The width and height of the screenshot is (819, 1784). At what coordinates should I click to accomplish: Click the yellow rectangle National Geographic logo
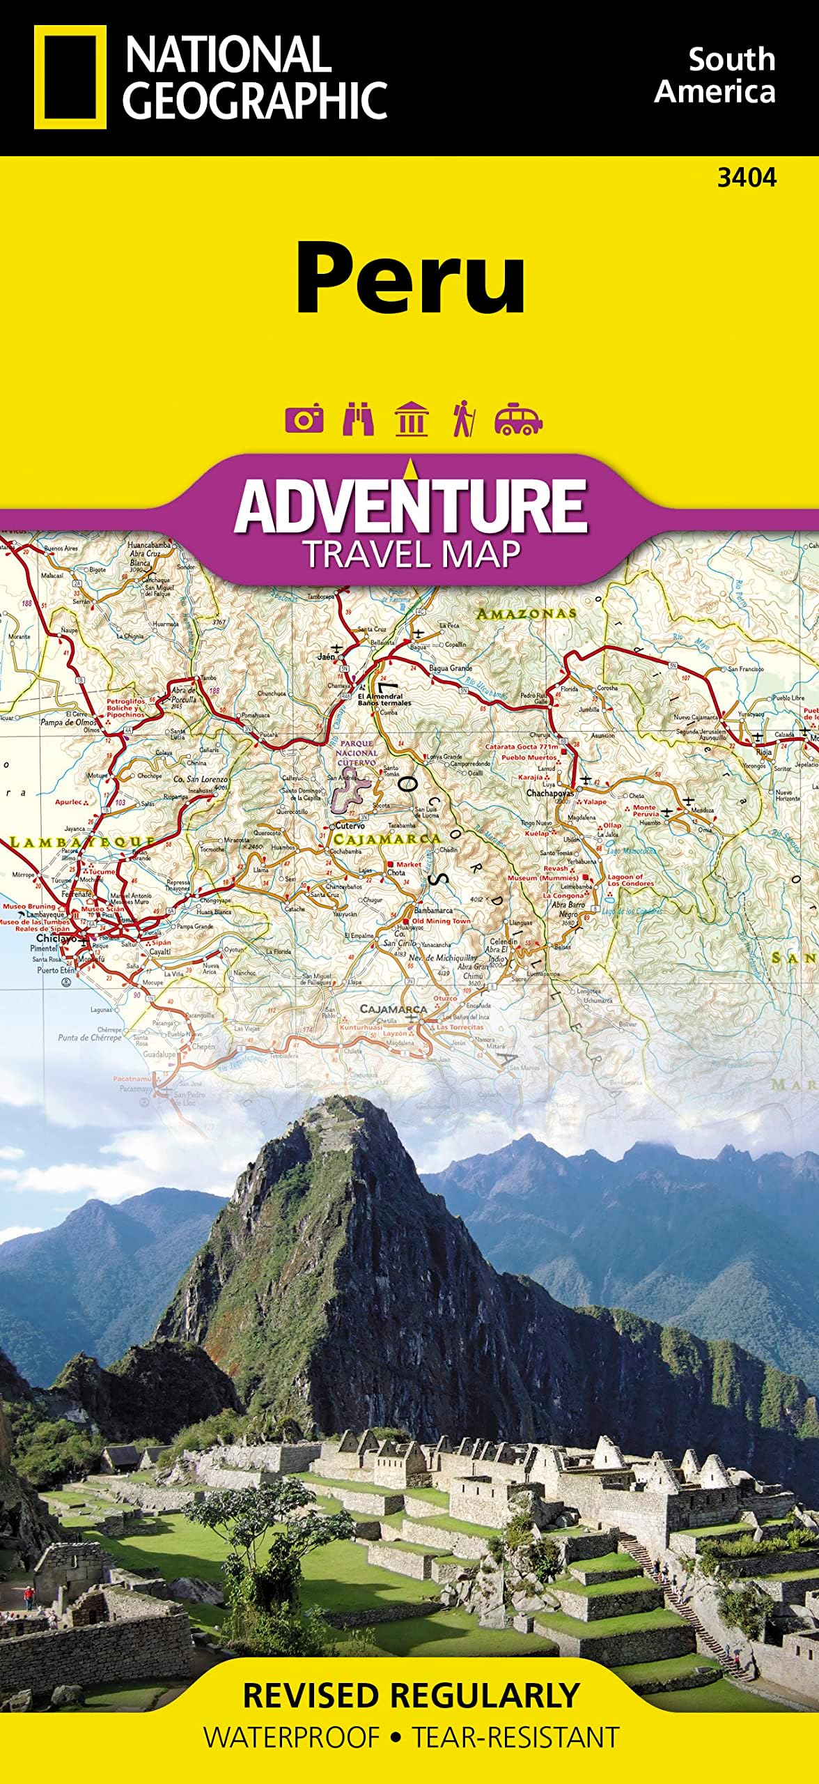[x=70, y=77]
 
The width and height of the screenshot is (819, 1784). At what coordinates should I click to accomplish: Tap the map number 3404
[x=746, y=178]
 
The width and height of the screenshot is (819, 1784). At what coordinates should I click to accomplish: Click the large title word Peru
[x=410, y=278]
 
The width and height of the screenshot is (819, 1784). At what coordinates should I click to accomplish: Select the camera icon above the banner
[x=304, y=419]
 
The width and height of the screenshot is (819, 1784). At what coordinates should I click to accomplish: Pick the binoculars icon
[x=358, y=419]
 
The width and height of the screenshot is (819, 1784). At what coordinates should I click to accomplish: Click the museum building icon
[x=411, y=419]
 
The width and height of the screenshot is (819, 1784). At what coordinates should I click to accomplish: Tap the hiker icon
[x=463, y=419]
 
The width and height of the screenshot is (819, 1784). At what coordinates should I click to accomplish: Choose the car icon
[x=517, y=419]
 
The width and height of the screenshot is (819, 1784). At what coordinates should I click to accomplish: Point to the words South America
[x=715, y=76]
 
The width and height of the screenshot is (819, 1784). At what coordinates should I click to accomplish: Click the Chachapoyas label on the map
[x=549, y=793]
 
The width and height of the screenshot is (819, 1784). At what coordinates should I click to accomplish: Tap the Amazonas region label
[x=526, y=613]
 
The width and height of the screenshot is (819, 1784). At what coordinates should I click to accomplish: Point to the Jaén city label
[x=326, y=656]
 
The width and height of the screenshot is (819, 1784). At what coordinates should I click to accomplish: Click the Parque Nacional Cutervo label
[x=357, y=753]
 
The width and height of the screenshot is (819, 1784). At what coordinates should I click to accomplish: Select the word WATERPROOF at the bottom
[x=292, y=1737]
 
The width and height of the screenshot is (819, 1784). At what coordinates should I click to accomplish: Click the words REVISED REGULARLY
[x=411, y=1695]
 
